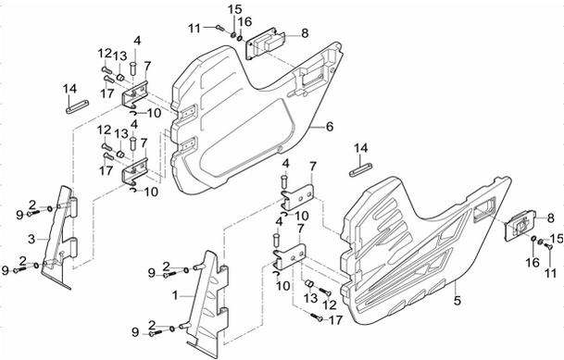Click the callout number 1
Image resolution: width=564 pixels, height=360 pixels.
175,296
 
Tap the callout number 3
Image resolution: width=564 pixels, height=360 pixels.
31,239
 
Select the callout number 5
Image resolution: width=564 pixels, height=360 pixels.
457,300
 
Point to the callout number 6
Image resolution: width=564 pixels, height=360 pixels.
330,127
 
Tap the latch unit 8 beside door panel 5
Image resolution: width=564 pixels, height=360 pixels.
520,227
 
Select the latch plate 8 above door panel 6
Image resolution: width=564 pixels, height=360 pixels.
265,43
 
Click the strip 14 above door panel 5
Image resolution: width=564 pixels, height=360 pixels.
361,169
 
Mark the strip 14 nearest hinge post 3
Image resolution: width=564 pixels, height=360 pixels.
78,106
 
